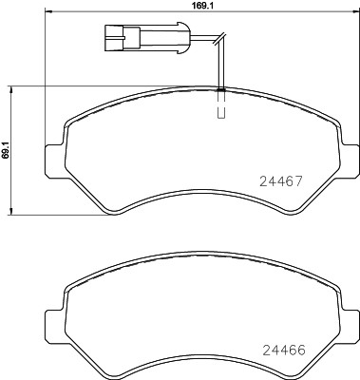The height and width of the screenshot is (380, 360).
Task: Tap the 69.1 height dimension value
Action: point(7,149)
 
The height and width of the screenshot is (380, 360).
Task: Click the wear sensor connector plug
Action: point(118,39)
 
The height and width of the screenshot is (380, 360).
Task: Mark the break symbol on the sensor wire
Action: point(218,40)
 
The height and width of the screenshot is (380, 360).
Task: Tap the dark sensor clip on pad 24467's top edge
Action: point(220,90)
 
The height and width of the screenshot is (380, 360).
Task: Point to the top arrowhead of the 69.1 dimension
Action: point(11,88)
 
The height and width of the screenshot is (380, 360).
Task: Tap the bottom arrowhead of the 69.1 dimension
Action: point(11,212)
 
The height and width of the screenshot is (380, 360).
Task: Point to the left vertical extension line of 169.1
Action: point(46,76)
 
